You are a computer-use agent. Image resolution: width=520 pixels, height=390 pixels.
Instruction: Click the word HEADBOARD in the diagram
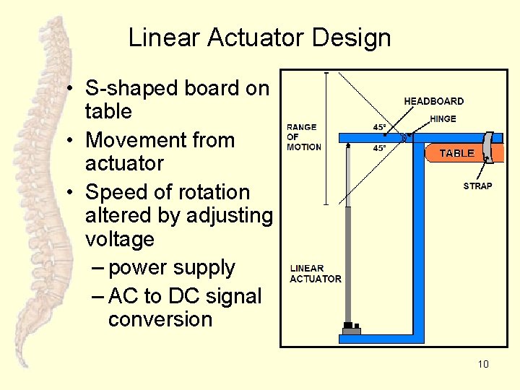[433, 101]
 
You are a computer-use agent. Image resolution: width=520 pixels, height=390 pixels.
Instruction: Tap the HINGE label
[443, 119]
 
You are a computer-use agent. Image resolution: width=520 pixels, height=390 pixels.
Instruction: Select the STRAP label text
[477, 186]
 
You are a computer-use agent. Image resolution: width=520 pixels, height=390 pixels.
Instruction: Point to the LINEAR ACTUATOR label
[316, 274]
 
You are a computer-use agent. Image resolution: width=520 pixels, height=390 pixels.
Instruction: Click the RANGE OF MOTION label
[304, 136]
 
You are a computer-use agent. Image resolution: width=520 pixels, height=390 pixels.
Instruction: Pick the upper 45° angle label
[379, 127]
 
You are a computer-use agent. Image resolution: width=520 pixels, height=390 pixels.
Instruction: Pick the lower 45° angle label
[379, 148]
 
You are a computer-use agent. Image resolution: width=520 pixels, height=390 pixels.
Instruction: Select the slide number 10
[483, 364]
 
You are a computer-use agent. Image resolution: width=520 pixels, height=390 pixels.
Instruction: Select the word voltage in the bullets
[120, 239]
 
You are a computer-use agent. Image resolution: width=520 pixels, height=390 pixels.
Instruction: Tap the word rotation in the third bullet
[209, 193]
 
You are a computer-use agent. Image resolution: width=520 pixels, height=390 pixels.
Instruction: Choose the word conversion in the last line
[160, 319]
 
